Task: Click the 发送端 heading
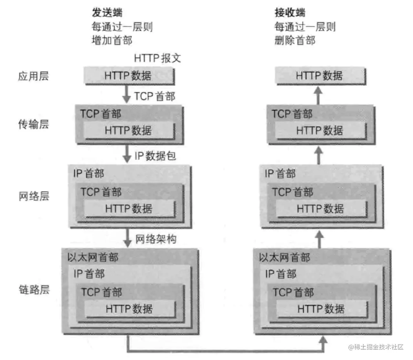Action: coord(107,13)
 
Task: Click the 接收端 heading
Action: coord(290,13)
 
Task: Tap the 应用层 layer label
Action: coord(33,76)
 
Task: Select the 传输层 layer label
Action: coord(33,124)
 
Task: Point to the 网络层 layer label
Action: coord(33,196)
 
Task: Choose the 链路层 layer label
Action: coord(34,289)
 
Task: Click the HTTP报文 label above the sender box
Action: coord(157,58)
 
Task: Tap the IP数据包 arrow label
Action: coord(155,156)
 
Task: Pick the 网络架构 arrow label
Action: coord(156,239)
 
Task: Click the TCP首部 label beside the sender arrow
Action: coord(154,96)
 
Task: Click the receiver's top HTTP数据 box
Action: coord(320,76)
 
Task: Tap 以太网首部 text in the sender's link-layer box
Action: coord(92,257)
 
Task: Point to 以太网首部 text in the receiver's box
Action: coord(284,257)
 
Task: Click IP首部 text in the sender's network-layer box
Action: coord(89,173)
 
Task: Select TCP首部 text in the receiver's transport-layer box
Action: coord(292,114)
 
